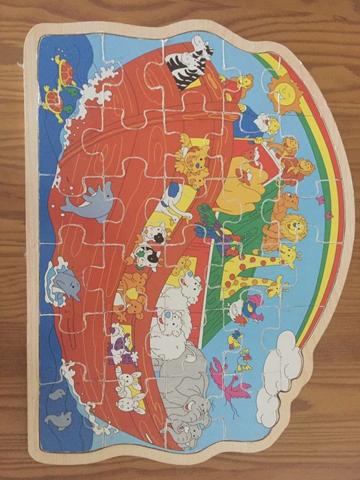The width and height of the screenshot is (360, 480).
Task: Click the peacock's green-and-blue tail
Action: pyautogui.click(x=206, y=219)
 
